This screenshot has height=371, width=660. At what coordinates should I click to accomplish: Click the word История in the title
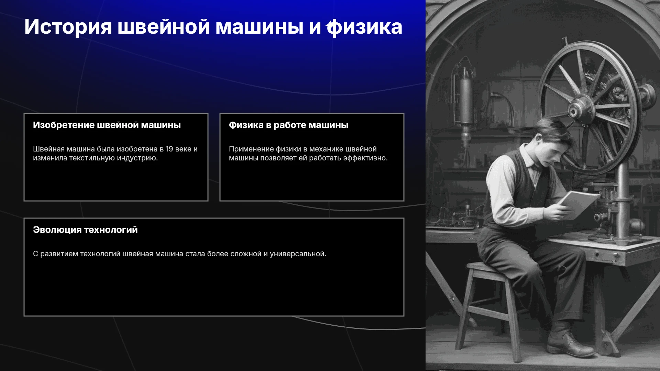[x=68, y=27]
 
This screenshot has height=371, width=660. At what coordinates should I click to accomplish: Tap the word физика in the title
[x=364, y=27]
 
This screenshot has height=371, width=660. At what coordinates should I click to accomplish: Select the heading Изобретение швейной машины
[x=107, y=125]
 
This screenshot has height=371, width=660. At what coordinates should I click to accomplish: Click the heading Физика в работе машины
[x=288, y=125]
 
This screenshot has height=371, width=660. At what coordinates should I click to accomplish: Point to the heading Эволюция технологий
[x=85, y=230]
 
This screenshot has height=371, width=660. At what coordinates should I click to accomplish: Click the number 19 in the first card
[x=169, y=149]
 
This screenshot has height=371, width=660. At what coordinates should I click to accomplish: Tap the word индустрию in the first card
[x=138, y=158]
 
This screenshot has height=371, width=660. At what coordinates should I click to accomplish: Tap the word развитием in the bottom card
[x=59, y=254]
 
